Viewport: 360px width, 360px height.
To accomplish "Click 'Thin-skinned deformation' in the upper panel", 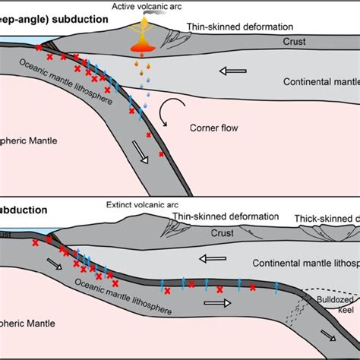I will [x=236, y=27].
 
